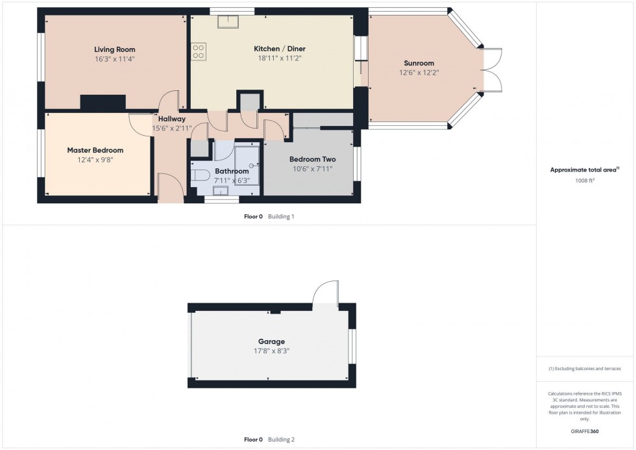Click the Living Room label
click(x=115, y=49)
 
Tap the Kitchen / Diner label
click(x=279, y=49)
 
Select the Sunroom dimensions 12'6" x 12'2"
click(x=418, y=73)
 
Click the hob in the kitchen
click(x=199, y=51)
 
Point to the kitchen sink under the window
click(x=228, y=23)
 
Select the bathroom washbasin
click(x=220, y=190)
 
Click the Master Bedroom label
click(x=95, y=150)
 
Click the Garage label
click(x=271, y=342)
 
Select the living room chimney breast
click(x=103, y=102)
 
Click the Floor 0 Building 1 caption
click(x=265, y=216)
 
